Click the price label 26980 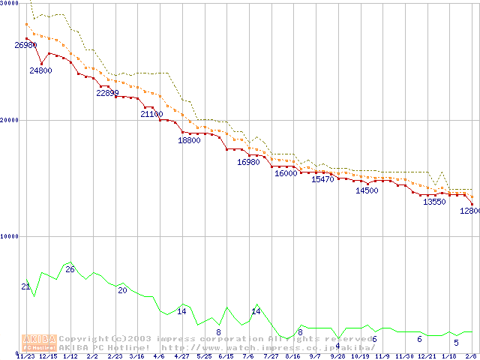point(25,45)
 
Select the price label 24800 point(40,70)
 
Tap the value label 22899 point(107,93)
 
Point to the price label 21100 point(152,114)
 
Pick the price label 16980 point(248,162)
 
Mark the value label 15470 point(322,180)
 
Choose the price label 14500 point(367,190)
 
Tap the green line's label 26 point(70,268)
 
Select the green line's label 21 point(25,286)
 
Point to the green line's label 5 point(455,343)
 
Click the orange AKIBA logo point(40,343)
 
